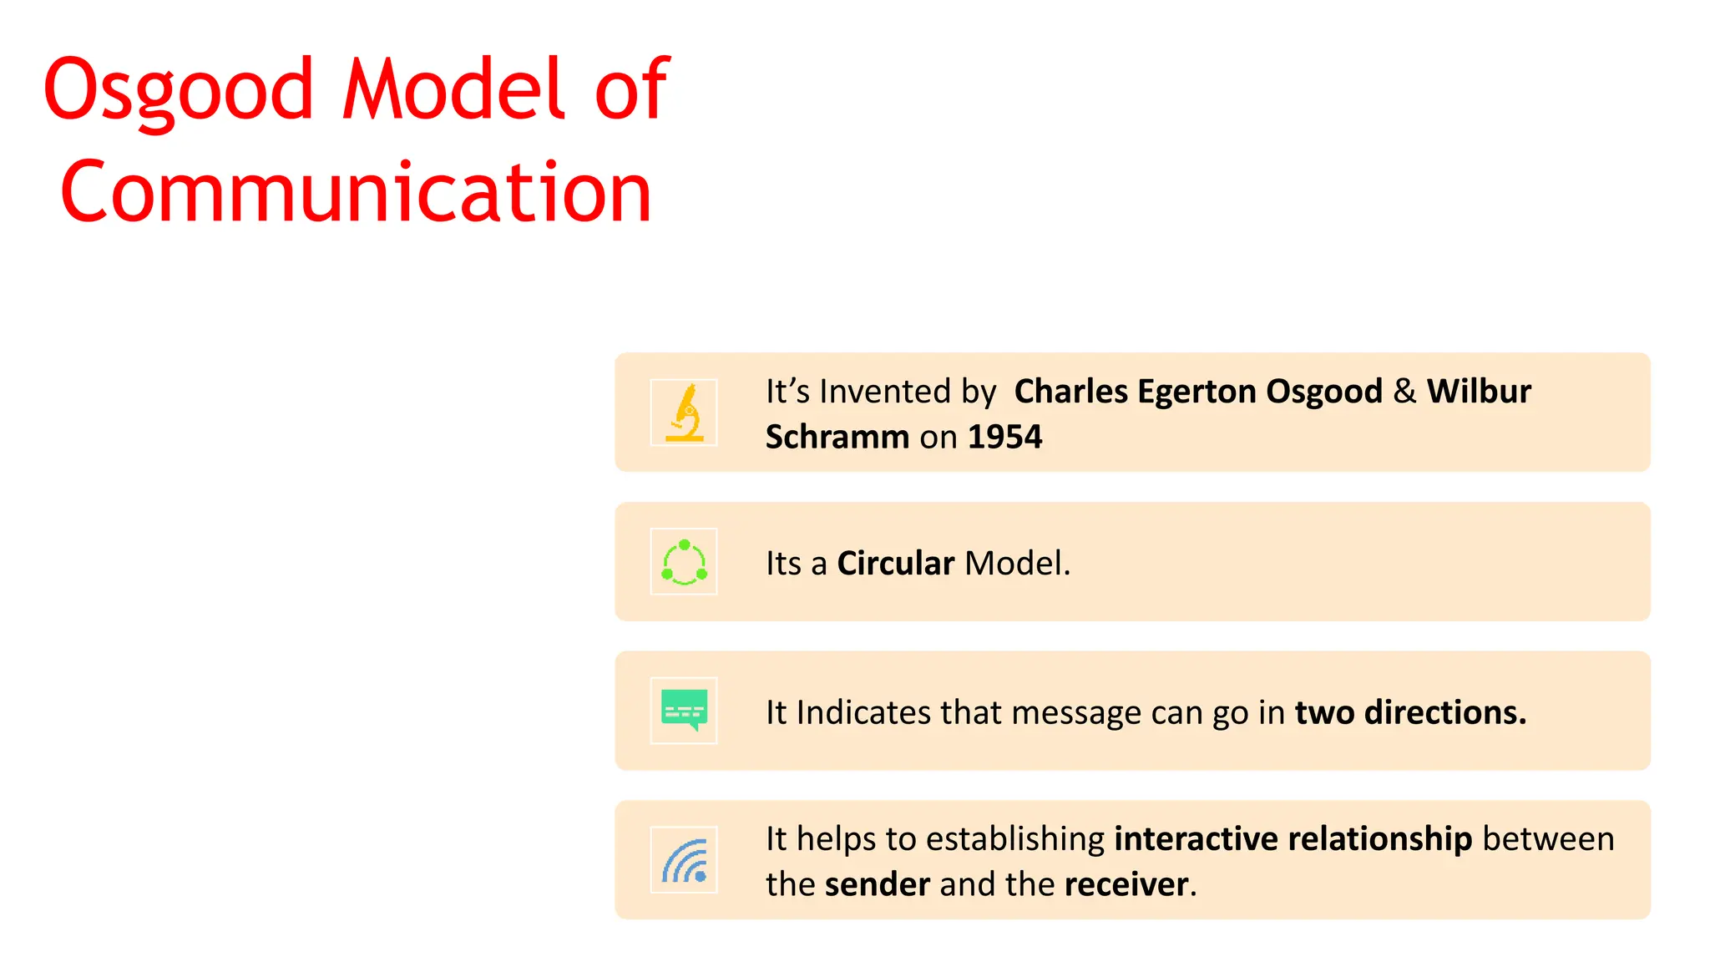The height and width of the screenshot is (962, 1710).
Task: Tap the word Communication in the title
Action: click(356, 192)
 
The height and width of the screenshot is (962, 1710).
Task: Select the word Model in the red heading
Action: click(454, 89)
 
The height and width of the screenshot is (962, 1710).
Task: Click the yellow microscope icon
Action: click(684, 413)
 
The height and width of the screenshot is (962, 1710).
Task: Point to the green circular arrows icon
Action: click(684, 562)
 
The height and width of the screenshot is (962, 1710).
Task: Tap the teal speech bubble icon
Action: click(684, 711)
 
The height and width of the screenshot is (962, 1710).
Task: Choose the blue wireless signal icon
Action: click(684, 860)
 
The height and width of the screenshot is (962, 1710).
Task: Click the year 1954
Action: click(1004, 437)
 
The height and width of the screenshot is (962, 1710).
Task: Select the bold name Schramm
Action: click(837, 437)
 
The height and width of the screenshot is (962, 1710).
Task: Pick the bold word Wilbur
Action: click(1479, 391)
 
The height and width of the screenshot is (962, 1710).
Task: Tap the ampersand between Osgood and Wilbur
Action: click(1404, 391)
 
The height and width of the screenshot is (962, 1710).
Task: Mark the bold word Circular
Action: click(895, 563)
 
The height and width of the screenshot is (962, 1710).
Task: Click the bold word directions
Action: click(1444, 712)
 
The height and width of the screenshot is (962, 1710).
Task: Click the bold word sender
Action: click(877, 884)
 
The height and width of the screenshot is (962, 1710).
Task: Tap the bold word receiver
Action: click(1126, 884)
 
